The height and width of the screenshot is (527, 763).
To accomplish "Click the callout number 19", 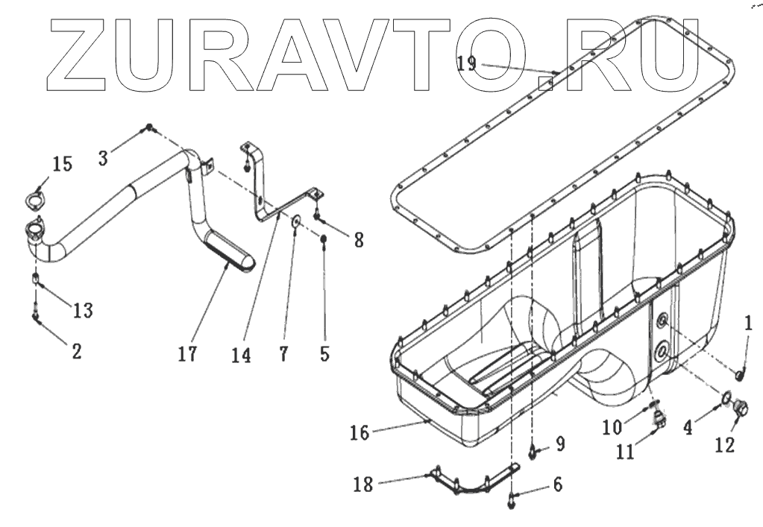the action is pos(466,63).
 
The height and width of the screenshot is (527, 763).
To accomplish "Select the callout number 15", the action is pos(62,164).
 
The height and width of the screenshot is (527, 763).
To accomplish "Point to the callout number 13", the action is pos(83,310).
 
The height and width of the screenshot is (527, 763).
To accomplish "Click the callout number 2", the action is pos(75,350).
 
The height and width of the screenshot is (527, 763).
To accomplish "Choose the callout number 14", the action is pos(241,355).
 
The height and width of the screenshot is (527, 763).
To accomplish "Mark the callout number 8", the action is pos(359,239).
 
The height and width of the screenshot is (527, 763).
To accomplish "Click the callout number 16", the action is pos(359,432).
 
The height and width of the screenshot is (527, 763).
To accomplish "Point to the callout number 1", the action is pos(748,324).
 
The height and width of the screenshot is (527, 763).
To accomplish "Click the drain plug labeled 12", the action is pos(741,408).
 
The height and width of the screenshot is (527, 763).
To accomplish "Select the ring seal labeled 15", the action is pos(33,200).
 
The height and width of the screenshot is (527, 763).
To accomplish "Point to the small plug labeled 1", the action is pos(740,373).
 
